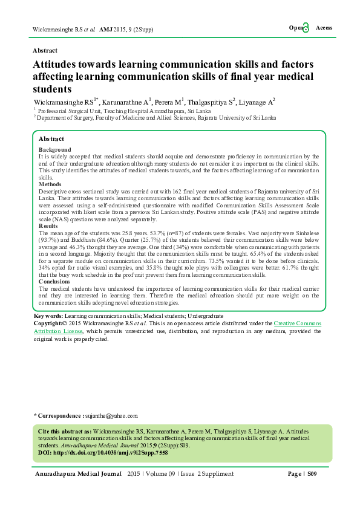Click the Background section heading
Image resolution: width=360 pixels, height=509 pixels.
pos(54,149)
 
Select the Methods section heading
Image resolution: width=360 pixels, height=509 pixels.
pos(50,184)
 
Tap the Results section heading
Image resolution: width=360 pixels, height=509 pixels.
pos(49,225)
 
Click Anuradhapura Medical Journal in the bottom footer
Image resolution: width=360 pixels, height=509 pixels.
pos(78,474)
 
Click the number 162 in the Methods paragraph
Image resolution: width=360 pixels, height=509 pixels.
pos(149,190)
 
